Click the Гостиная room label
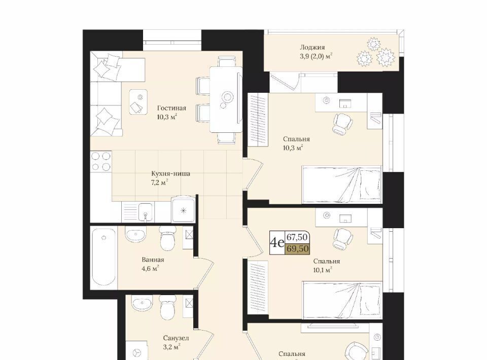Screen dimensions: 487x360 pos(171,108)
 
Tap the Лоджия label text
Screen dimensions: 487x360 pos(312,48)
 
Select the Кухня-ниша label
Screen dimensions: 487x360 pos(170,173)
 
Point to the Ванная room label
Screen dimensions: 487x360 pos(153,260)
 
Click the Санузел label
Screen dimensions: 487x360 pos(176,338)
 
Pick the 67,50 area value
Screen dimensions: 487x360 pos(297,237)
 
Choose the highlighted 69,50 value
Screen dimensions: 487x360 pos(297,248)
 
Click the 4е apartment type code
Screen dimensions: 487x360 pos(277,242)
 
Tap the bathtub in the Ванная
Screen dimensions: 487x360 pos(104,257)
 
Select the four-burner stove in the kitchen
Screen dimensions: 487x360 pos(100,161)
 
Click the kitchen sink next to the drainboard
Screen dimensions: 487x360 pos(146,211)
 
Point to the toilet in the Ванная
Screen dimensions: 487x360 pos(168,237)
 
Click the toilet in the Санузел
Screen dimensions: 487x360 pos(168,306)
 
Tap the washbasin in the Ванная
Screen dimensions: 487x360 pos(136,234)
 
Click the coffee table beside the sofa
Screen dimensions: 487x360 pos(138,102)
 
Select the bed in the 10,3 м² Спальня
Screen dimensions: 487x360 pos(341,185)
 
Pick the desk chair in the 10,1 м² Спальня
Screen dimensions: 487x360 pos(343,239)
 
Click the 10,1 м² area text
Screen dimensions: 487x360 pos(323,270)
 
